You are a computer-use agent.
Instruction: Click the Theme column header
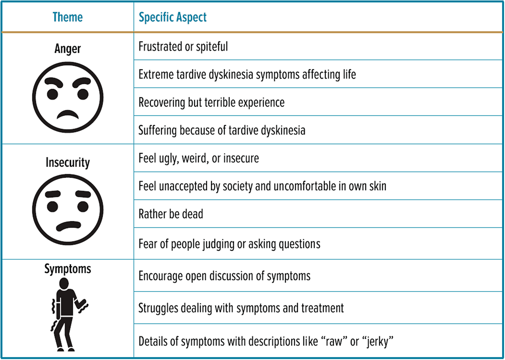pos(67,17)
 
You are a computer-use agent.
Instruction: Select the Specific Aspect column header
pos(173,17)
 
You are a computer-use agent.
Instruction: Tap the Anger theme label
pos(67,49)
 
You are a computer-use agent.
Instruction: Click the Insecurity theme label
pos(67,162)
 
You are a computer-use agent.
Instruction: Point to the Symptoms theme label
pos(67,269)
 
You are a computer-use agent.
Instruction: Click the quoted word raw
pos(333,341)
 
